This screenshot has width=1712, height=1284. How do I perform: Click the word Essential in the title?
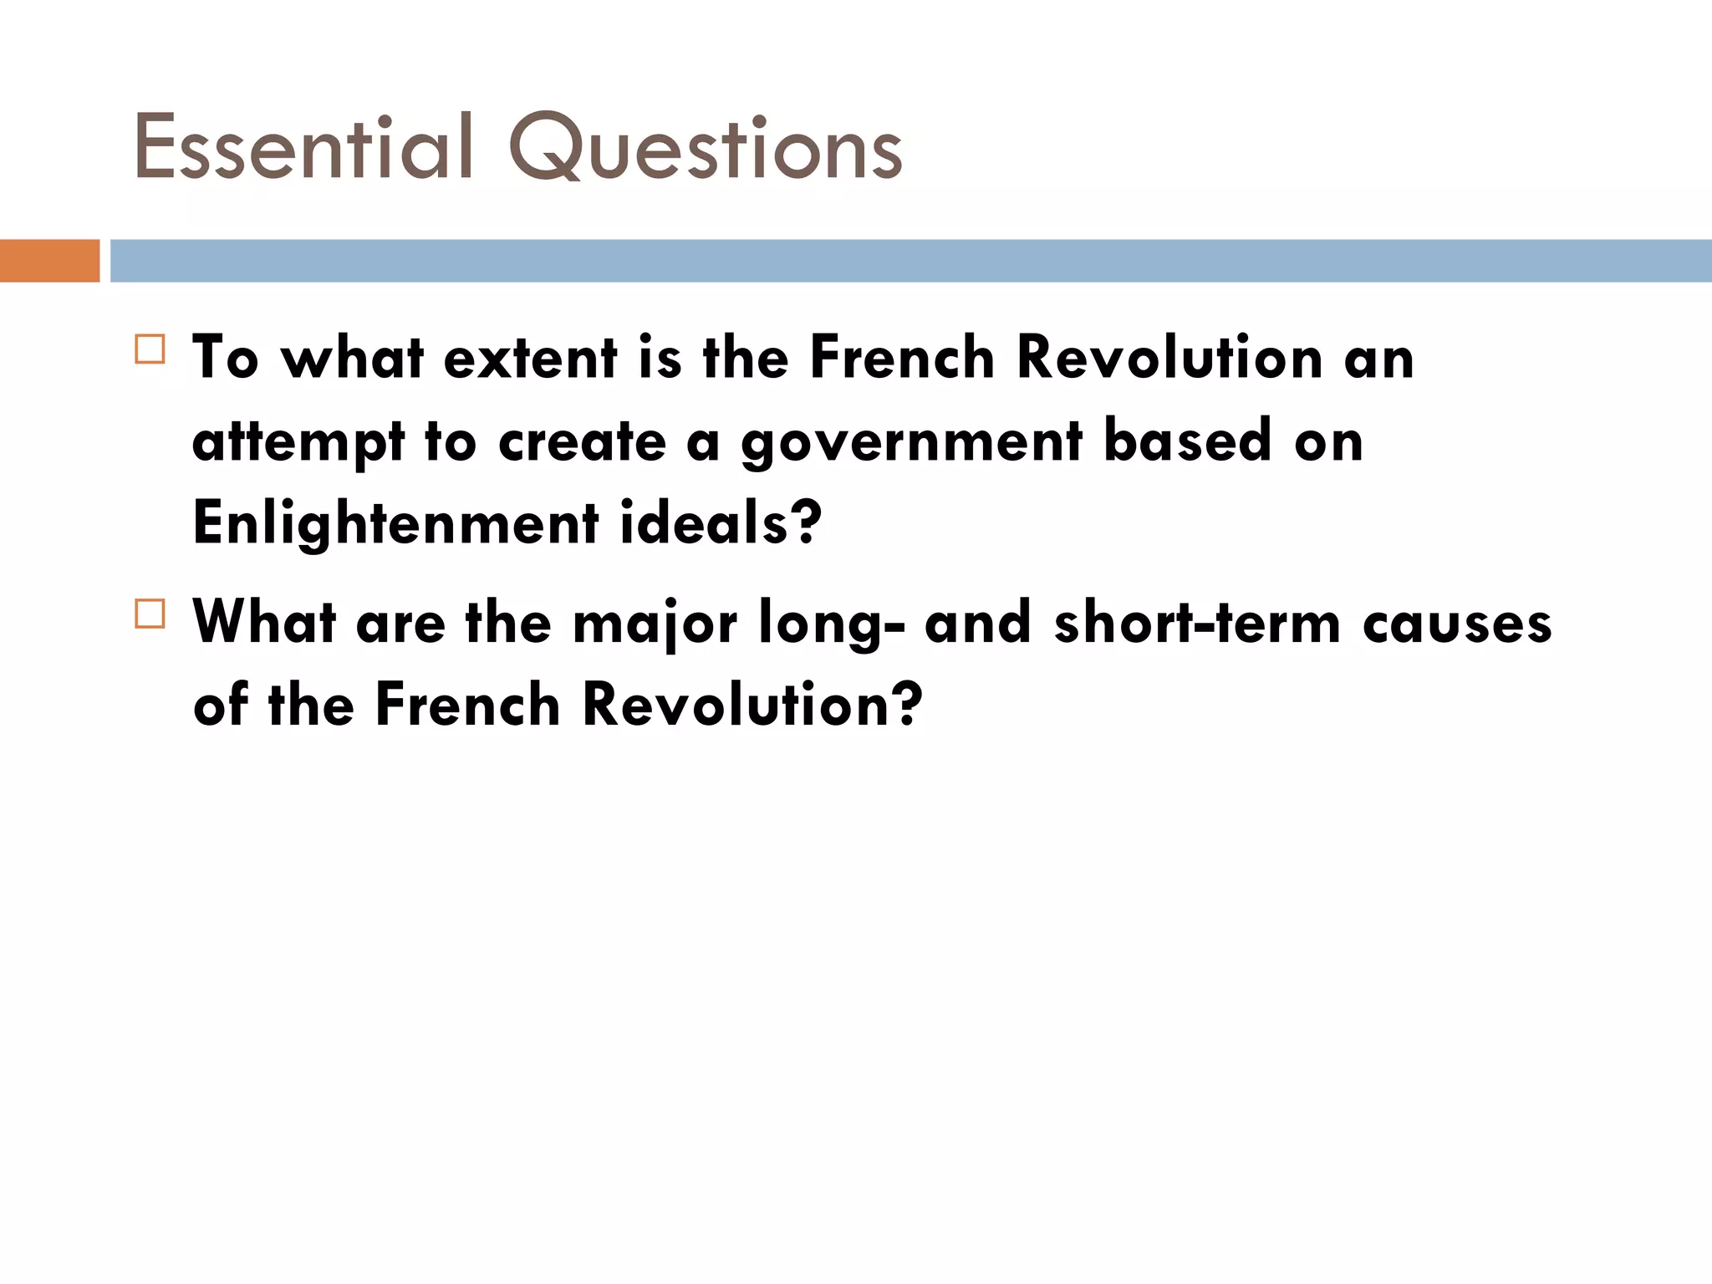tap(303, 149)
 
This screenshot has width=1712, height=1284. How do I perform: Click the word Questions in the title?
tap(706, 149)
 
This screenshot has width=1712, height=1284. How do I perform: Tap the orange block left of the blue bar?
tap(49, 261)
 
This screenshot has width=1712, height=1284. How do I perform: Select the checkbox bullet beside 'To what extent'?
tap(150, 349)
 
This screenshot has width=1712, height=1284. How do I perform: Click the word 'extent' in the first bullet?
tap(530, 359)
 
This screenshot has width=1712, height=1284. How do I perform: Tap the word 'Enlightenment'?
tap(395, 523)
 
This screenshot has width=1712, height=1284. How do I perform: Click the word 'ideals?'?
tap(721, 523)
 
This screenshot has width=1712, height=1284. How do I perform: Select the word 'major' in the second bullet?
tap(655, 624)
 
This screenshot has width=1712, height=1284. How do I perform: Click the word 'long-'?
tap(831, 624)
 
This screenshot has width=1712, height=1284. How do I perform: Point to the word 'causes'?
tap(1457, 624)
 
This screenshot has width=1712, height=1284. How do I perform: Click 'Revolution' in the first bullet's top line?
tap(1169, 359)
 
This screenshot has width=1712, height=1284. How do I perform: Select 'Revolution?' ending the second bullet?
tap(752, 705)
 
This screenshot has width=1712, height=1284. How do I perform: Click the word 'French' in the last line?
tap(467, 705)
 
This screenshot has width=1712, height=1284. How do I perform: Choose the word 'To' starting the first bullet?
tap(226, 359)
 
